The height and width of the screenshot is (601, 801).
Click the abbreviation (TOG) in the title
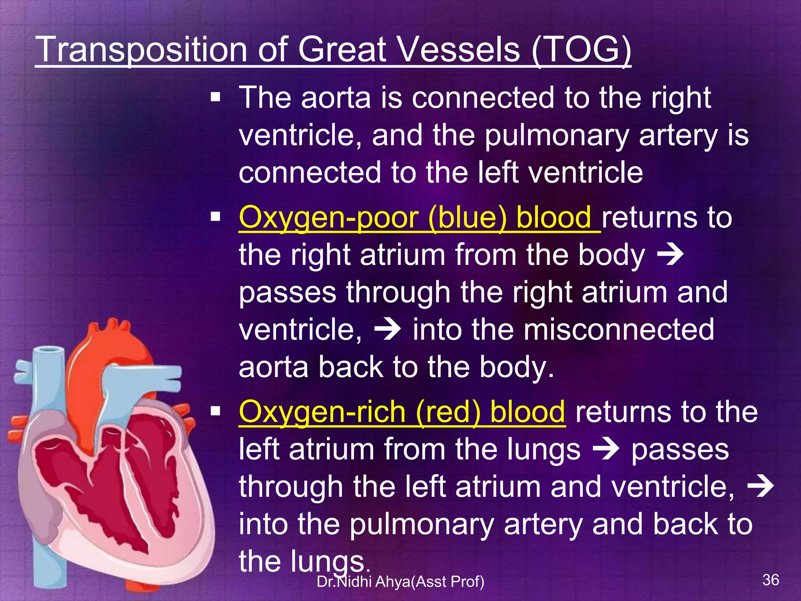click(x=581, y=50)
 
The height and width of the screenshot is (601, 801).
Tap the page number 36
click(x=770, y=579)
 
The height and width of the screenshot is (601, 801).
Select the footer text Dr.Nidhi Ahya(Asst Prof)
click(x=400, y=582)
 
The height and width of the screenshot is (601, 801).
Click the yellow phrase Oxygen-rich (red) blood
click(x=402, y=412)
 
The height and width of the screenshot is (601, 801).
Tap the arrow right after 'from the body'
click(x=670, y=255)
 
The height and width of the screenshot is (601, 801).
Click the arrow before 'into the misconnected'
click(x=387, y=330)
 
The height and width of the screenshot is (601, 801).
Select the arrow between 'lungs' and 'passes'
click(x=606, y=449)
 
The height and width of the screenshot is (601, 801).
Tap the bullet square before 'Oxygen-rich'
click(x=215, y=412)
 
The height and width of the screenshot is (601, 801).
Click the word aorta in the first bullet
click(x=336, y=97)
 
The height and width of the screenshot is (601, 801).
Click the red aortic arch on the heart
click(x=113, y=344)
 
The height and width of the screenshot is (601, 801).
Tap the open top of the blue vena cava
click(x=49, y=349)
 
